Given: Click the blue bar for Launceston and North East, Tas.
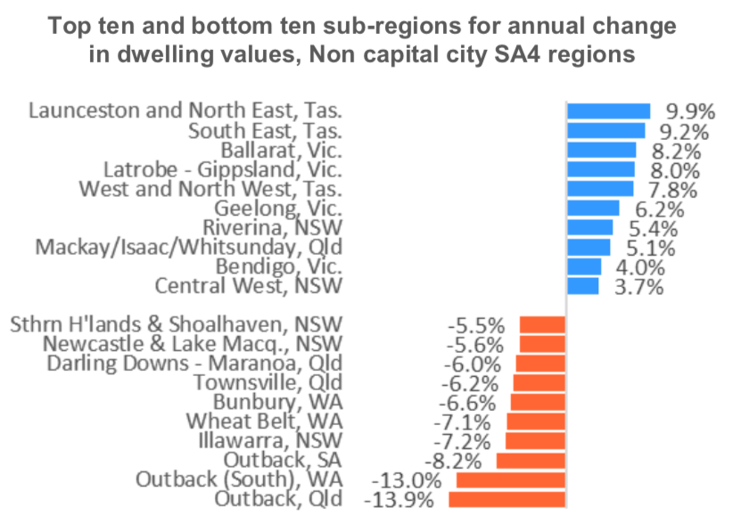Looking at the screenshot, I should tap(608, 111).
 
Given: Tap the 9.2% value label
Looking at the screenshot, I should tap(685, 132).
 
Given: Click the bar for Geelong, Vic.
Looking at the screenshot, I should tap(592, 209).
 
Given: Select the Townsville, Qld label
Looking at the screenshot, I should tap(268, 382).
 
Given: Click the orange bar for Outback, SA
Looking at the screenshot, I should tap(531, 460).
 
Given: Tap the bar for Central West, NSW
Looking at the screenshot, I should tap(582, 285).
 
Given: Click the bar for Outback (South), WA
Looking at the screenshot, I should tap(511, 479).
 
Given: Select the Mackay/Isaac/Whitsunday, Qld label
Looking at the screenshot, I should tap(188, 247).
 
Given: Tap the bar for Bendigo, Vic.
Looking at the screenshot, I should tap(584, 266).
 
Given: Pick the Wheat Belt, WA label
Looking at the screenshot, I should tap(264, 422).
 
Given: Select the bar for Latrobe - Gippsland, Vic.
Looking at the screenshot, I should tap(601, 169).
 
